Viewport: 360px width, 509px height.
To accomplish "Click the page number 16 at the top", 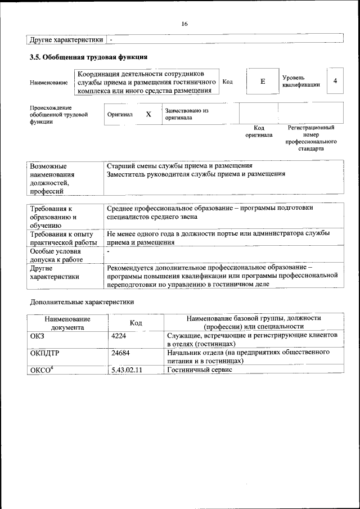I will (184, 24).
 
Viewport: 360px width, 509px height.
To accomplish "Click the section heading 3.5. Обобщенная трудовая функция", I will (88, 57).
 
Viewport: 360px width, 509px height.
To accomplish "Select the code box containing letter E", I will (262, 82).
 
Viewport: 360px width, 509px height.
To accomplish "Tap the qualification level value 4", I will (335, 82).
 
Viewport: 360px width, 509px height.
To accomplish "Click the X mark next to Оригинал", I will (148, 114).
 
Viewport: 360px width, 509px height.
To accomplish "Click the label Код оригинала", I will (259, 131).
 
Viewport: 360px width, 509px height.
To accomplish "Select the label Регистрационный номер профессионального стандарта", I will (311, 138).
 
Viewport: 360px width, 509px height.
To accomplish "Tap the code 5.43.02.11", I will (127, 370).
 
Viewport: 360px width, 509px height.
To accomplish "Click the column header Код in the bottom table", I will (136, 322).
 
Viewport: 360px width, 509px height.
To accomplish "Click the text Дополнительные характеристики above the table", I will (82, 301).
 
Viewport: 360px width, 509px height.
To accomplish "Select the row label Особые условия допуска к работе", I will (56, 255).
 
